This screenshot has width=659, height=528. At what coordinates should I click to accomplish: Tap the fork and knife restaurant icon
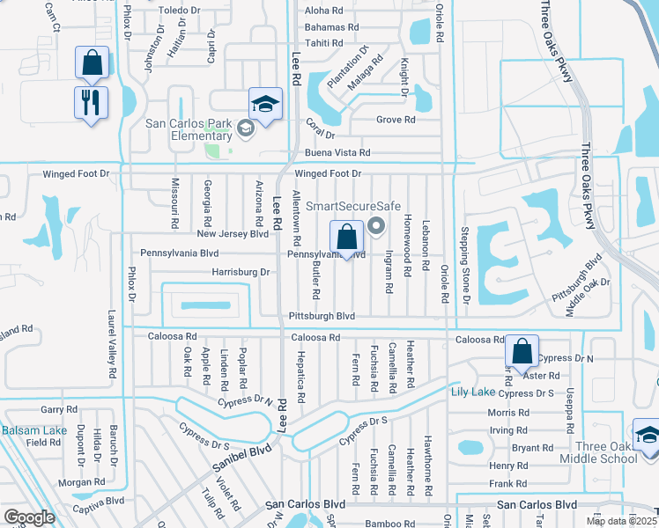92,102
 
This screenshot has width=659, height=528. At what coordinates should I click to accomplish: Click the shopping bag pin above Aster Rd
522,352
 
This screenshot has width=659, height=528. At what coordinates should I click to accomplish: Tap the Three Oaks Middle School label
605,452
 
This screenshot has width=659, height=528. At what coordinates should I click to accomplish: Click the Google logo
29,517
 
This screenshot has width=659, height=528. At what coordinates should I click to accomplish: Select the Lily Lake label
472,392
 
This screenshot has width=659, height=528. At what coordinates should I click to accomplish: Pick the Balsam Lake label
33,430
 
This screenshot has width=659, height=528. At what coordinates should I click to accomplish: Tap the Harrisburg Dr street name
241,273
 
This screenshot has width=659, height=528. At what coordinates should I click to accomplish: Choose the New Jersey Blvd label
233,234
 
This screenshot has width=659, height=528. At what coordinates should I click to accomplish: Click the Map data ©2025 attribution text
621,521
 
